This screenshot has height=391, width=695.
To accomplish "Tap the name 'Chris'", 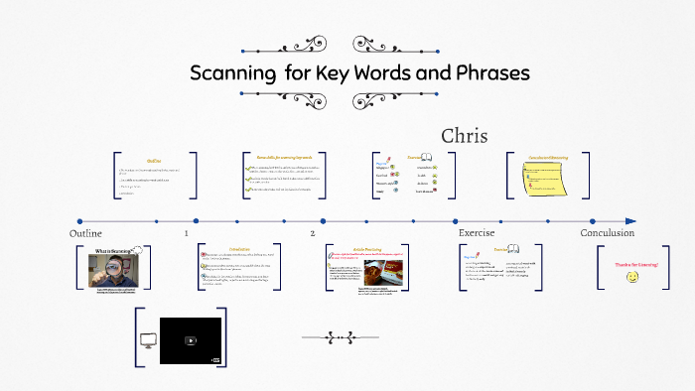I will click(x=465, y=136).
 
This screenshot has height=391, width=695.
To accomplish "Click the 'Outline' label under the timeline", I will click(x=86, y=232).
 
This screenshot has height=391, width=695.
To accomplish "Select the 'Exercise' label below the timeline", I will click(x=476, y=232).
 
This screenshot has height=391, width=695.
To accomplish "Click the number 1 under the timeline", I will click(x=186, y=233).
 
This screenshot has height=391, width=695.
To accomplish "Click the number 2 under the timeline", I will click(x=312, y=233).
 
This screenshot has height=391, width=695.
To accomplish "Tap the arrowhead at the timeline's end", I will click(x=630, y=220).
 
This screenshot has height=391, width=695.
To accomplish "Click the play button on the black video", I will click(x=192, y=340).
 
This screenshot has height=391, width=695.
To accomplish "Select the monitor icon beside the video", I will click(x=149, y=340).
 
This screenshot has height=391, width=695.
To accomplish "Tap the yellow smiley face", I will click(x=632, y=278).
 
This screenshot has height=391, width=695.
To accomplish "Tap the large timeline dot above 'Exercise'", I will click(x=456, y=220).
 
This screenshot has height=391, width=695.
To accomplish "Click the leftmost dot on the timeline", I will click(x=79, y=220).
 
